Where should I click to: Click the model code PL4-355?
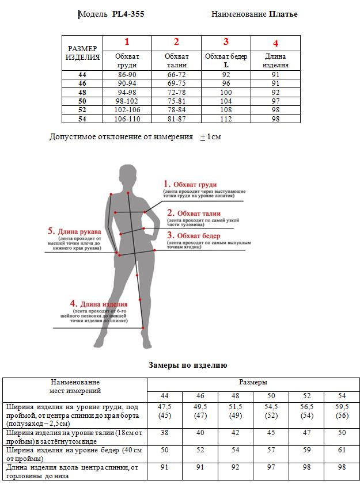pos(128,14)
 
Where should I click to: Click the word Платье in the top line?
pos(283,14)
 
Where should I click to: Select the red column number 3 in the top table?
pos(226,41)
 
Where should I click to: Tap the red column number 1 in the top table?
pos(127,41)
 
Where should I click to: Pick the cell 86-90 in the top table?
pos(127,74)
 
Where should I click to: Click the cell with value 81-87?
pos(176,119)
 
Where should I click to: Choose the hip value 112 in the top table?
pos(226,119)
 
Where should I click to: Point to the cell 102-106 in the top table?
pos(127,110)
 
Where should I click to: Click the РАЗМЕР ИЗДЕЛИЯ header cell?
pos(82,53)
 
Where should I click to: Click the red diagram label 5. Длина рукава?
pos(75,231)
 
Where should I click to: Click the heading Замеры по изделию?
pos(188,365)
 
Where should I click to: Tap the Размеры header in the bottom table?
pos(253,382)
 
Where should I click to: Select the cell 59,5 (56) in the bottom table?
pos(342,411)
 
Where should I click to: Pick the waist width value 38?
pos(165,432)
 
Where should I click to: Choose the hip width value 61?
pos(342,449)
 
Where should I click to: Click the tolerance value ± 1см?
pos(210,137)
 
